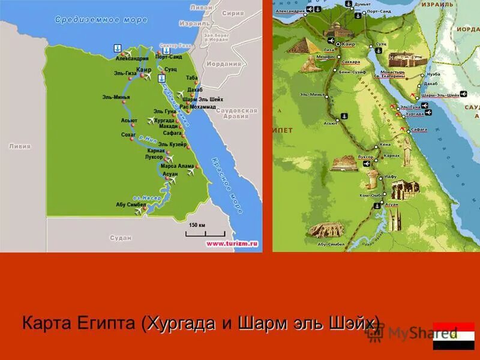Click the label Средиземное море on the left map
point(101,20)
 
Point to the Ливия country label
point(19,146)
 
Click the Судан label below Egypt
point(121,238)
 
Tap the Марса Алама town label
point(177,166)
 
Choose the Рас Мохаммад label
point(197,106)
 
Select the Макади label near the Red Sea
point(169,126)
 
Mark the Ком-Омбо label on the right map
point(371,196)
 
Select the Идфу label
point(390,177)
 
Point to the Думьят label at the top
point(362,4)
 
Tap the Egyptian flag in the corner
point(454,336)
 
